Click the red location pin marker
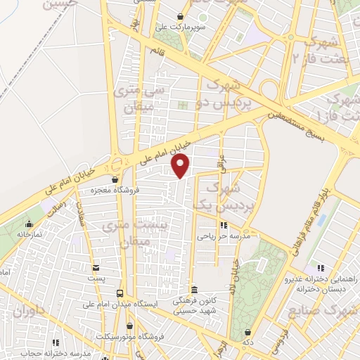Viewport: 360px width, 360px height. pos(181,166)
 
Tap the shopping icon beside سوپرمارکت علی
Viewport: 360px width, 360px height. pos(181,16)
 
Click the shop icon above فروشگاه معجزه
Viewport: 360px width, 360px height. pos(115,180)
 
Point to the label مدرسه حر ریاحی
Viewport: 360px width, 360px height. pos(224,237)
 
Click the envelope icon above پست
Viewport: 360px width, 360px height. pos(96,268)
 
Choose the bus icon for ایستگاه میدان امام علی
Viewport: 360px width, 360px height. pos(120,293)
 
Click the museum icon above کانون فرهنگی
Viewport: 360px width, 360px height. pos(195,290)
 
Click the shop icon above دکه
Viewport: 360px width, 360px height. pos(247,333)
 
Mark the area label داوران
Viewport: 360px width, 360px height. pos(32,311)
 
